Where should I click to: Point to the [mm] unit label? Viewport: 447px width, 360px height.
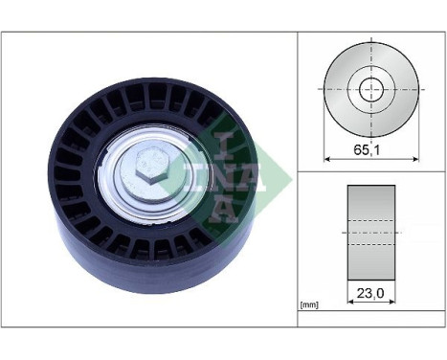pos(308,304)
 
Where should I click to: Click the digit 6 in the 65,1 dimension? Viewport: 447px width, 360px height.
pos(357,149)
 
